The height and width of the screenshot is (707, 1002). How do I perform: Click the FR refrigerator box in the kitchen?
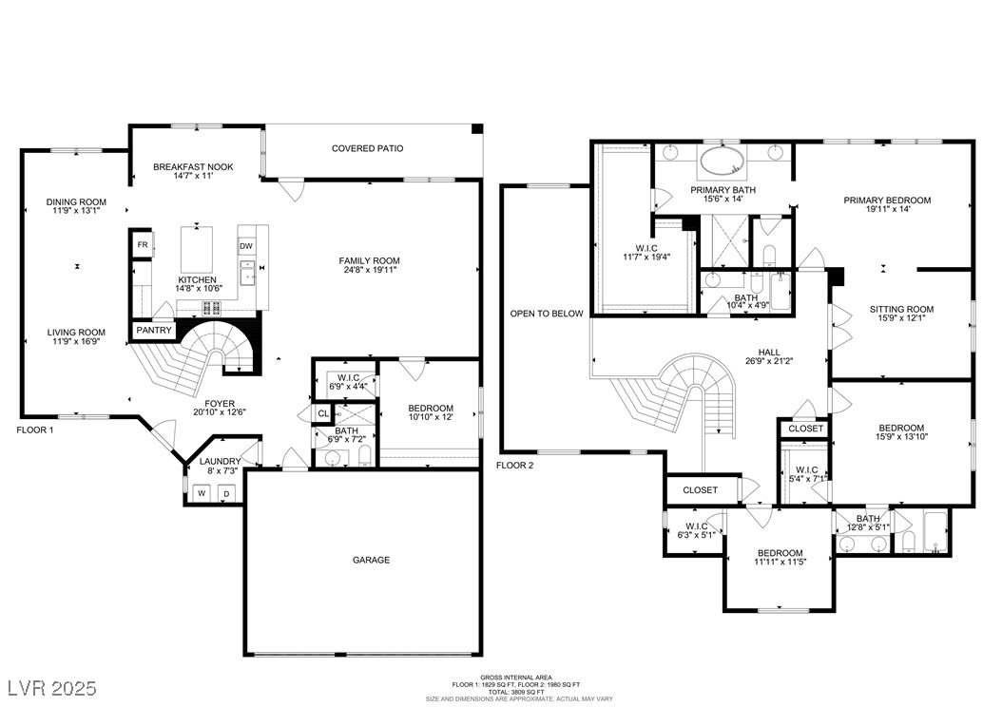pyautogui.click(x=143, y=245)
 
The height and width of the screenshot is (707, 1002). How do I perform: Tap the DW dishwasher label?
pyautogui.click(x=246, y=246)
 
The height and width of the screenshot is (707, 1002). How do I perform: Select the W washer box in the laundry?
pyautogui.click(x=202, y=493)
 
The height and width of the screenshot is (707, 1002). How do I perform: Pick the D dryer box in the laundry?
pyautogui.click(x=226, y=493)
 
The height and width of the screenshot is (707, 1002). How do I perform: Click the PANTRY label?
pyautogui.click(x=154, y=330)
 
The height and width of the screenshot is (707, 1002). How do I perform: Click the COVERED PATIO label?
pyautogui.click(x=368, y=149)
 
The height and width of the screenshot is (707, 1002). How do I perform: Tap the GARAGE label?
pyautogui.click(x=372, y=560)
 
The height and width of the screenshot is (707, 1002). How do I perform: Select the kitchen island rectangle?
pyautogui.click(x=198, y=249)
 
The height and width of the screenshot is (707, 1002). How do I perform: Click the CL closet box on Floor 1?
pyautogui.click(x=323, y=414)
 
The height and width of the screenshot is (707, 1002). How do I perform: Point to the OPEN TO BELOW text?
pyautogui.click(x=547, y=314)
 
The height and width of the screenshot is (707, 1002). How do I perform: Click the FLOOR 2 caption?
pyautogui.click(x=515, y=466)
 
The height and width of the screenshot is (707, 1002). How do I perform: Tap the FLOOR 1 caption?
pyautogui.click(x=35, y=430)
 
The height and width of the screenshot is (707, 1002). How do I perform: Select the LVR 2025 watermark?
pyautogui.click(x=51, y=688)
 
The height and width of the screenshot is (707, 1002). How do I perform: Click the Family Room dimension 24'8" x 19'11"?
pyautogui.click(x=370, y=270)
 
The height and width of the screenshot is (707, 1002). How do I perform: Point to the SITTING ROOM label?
pyautogui.click(x=901, y=310)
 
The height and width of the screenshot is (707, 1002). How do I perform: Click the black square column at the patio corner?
pyautogui.click(x=476, y=129)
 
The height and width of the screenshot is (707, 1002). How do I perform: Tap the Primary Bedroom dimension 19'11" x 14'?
pyautogui.click(x=887, y=209)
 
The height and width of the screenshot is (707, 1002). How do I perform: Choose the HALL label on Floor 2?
pyautogui.click(x=769, y=352)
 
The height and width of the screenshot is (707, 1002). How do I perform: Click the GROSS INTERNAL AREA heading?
pyautogui.click(x=516, y=677)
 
